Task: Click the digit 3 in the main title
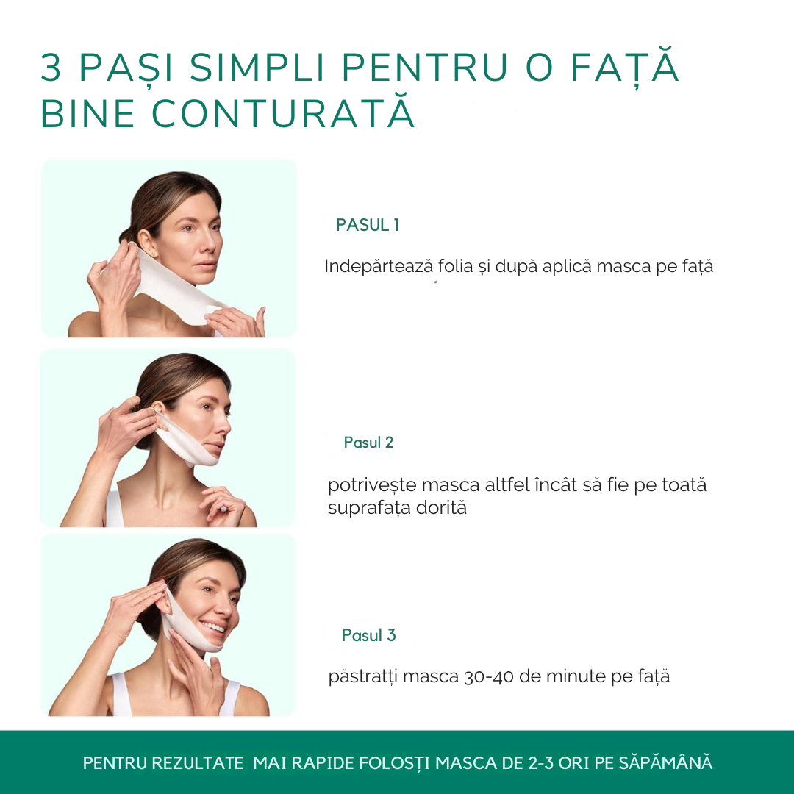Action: tap(51, 67)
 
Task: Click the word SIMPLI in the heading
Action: tap(257, 67)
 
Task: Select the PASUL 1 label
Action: tap(368, 225)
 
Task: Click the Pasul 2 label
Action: tap(368, 443)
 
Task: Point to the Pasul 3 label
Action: tap(368, 635)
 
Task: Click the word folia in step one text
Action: tap(455, 266)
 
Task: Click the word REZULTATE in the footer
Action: tap(198, 763)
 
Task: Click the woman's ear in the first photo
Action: tap(144, 242)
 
